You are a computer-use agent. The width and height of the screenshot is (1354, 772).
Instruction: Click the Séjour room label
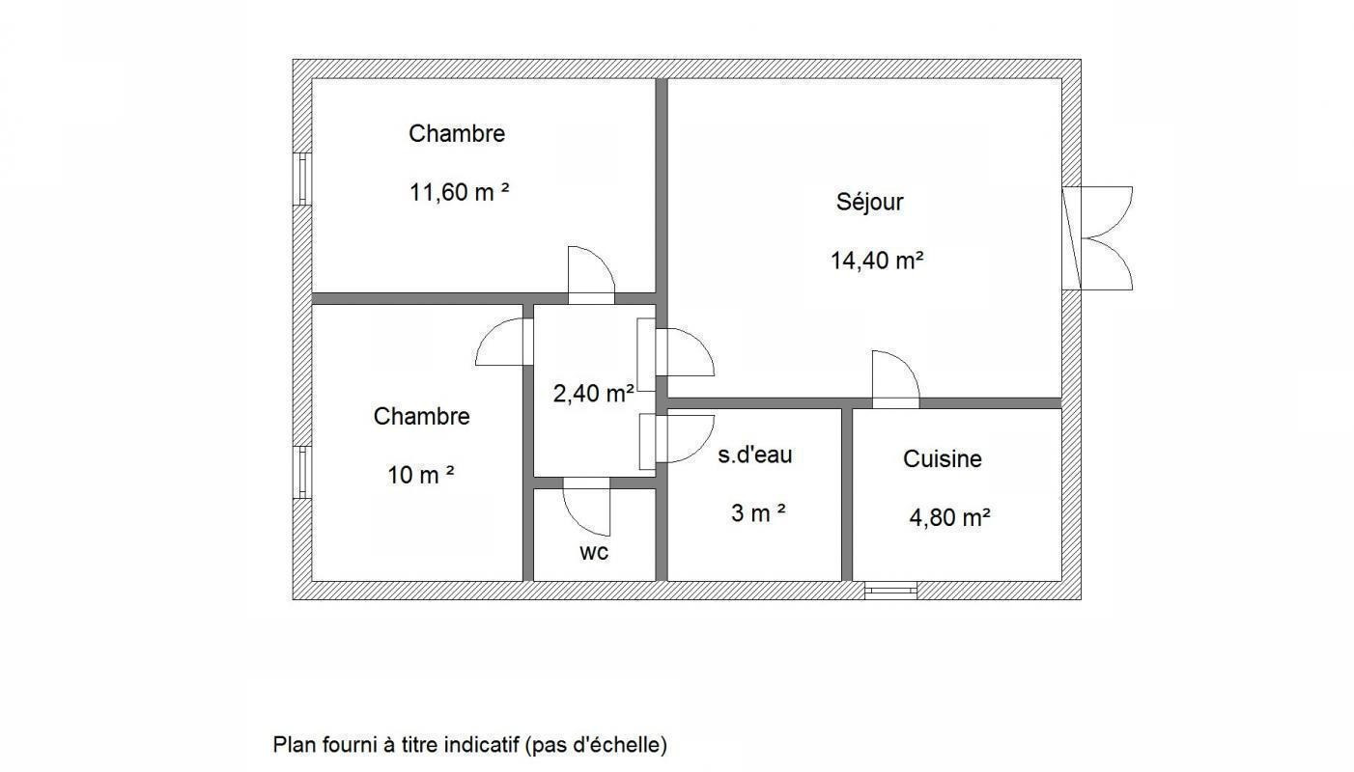(x=869, y=202)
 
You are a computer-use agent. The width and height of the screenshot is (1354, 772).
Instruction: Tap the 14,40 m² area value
(x=877, y=261)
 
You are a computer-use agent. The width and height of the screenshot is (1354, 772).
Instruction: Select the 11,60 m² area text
(x=459, y=192)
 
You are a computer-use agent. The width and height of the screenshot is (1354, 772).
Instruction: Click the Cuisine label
(x=942, y=459)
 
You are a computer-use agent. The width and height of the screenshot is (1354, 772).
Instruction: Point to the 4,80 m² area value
(x=949, y=517)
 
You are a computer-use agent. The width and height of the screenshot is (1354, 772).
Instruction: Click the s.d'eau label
(x=754, y=455)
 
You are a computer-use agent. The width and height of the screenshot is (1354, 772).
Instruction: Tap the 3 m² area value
(x=758, y=513)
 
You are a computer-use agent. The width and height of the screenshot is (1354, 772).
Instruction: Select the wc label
(x=594, y=552)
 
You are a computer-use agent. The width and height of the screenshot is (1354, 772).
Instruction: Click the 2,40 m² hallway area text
(x=594, y=394)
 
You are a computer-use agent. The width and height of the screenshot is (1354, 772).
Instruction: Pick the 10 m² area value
(x=421, y=475)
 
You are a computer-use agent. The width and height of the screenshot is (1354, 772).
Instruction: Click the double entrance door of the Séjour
(x=1098, y=238)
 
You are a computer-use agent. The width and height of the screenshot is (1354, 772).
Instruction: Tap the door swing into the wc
(x=586, y=507)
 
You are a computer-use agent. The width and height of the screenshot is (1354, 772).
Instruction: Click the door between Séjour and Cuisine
(x=895, y=379)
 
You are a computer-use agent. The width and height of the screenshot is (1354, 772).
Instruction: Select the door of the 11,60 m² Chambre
(x=591, y=275)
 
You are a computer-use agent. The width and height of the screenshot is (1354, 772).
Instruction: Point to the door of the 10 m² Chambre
(x=504, y=342)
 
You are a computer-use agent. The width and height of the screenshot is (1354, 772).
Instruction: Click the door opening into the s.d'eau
(x=677, y=438)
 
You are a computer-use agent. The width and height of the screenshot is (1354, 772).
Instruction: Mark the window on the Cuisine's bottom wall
(x=890, y=591)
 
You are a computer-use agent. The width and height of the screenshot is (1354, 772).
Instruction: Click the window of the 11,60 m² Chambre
(x=302, y=179)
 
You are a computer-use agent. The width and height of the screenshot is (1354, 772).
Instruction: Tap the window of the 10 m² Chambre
(x=302, y=473)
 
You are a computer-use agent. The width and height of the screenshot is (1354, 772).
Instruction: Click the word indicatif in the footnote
(x=481, y=745)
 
